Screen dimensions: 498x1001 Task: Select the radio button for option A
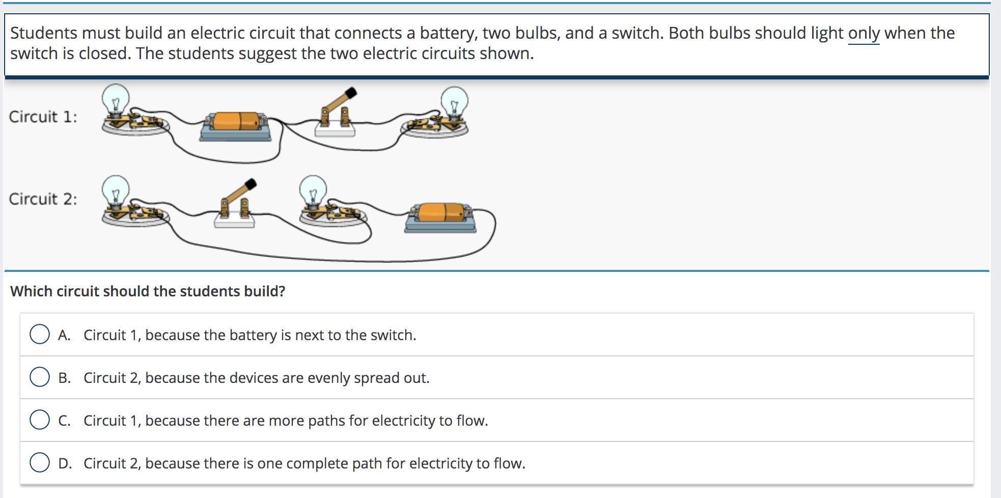(x=40, y=335)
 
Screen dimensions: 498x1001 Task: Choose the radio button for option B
(x=40, y=377)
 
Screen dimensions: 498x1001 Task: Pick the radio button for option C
(x=40, y=420)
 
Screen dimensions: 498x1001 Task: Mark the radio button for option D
(x=40, y=463)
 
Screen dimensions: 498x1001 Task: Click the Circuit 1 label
(x=43, y=117)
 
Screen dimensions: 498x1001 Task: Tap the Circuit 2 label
(x=43, y=199)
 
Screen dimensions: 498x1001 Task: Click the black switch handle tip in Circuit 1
(x=351, y=93)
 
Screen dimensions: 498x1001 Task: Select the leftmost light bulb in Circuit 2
(x=116, y=190)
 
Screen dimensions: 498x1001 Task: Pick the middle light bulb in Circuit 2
(x=313, y=190)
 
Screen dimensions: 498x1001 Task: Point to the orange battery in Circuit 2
(x=441, y=212)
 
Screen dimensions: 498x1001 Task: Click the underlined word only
(x=864, y=33)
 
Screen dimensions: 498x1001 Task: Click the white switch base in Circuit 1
(x=335, y=130)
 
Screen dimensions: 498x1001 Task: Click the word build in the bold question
(x=265, y=291)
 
